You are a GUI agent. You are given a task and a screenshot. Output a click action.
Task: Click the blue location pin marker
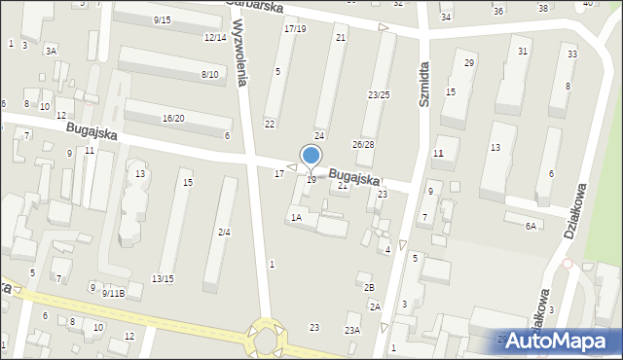pyautogui.click(x=311, y=156)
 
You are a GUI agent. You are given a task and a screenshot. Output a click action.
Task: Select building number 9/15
pyautogui.click(x=162, y=20)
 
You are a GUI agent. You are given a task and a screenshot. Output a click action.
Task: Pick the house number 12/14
pyautogui.click(x=215, y=37)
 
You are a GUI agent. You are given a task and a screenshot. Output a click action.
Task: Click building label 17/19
pyautogui.click(x=295, y=29)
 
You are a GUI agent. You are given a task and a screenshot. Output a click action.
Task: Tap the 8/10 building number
pyautogui.click(x=209, y=74)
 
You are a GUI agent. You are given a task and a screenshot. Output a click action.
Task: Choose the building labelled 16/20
pyautogui.click(x=173, y=118)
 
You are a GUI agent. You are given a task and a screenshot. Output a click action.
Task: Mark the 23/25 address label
pyautogui.click(x=379, y=94)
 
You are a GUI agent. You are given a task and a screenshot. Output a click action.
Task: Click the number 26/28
pyautogui.click(x=363, y=144)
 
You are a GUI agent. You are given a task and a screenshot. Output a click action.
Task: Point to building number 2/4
pyautogui.click(x=224, y=231)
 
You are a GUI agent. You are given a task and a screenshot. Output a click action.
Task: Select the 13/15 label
pyautogui.click(x=163, y=279)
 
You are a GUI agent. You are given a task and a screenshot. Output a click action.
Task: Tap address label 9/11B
pyautogui.click(x=113, y=292)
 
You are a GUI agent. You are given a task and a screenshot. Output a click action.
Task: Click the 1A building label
pyautogui.click(x=295, y=218)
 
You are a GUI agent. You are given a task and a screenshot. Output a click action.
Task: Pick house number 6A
pyautogui.click(x=531, y=226)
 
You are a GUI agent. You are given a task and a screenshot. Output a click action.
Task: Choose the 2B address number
pyautogui.click(x=369, y=287)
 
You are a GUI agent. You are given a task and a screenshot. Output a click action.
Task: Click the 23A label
pyautogui.click(x=351, y=330)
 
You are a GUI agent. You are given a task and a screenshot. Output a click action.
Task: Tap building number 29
pyautogui.click(x=469, y=63)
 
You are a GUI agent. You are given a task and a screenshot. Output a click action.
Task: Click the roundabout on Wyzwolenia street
pyautogui.click(x=269, y=336)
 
